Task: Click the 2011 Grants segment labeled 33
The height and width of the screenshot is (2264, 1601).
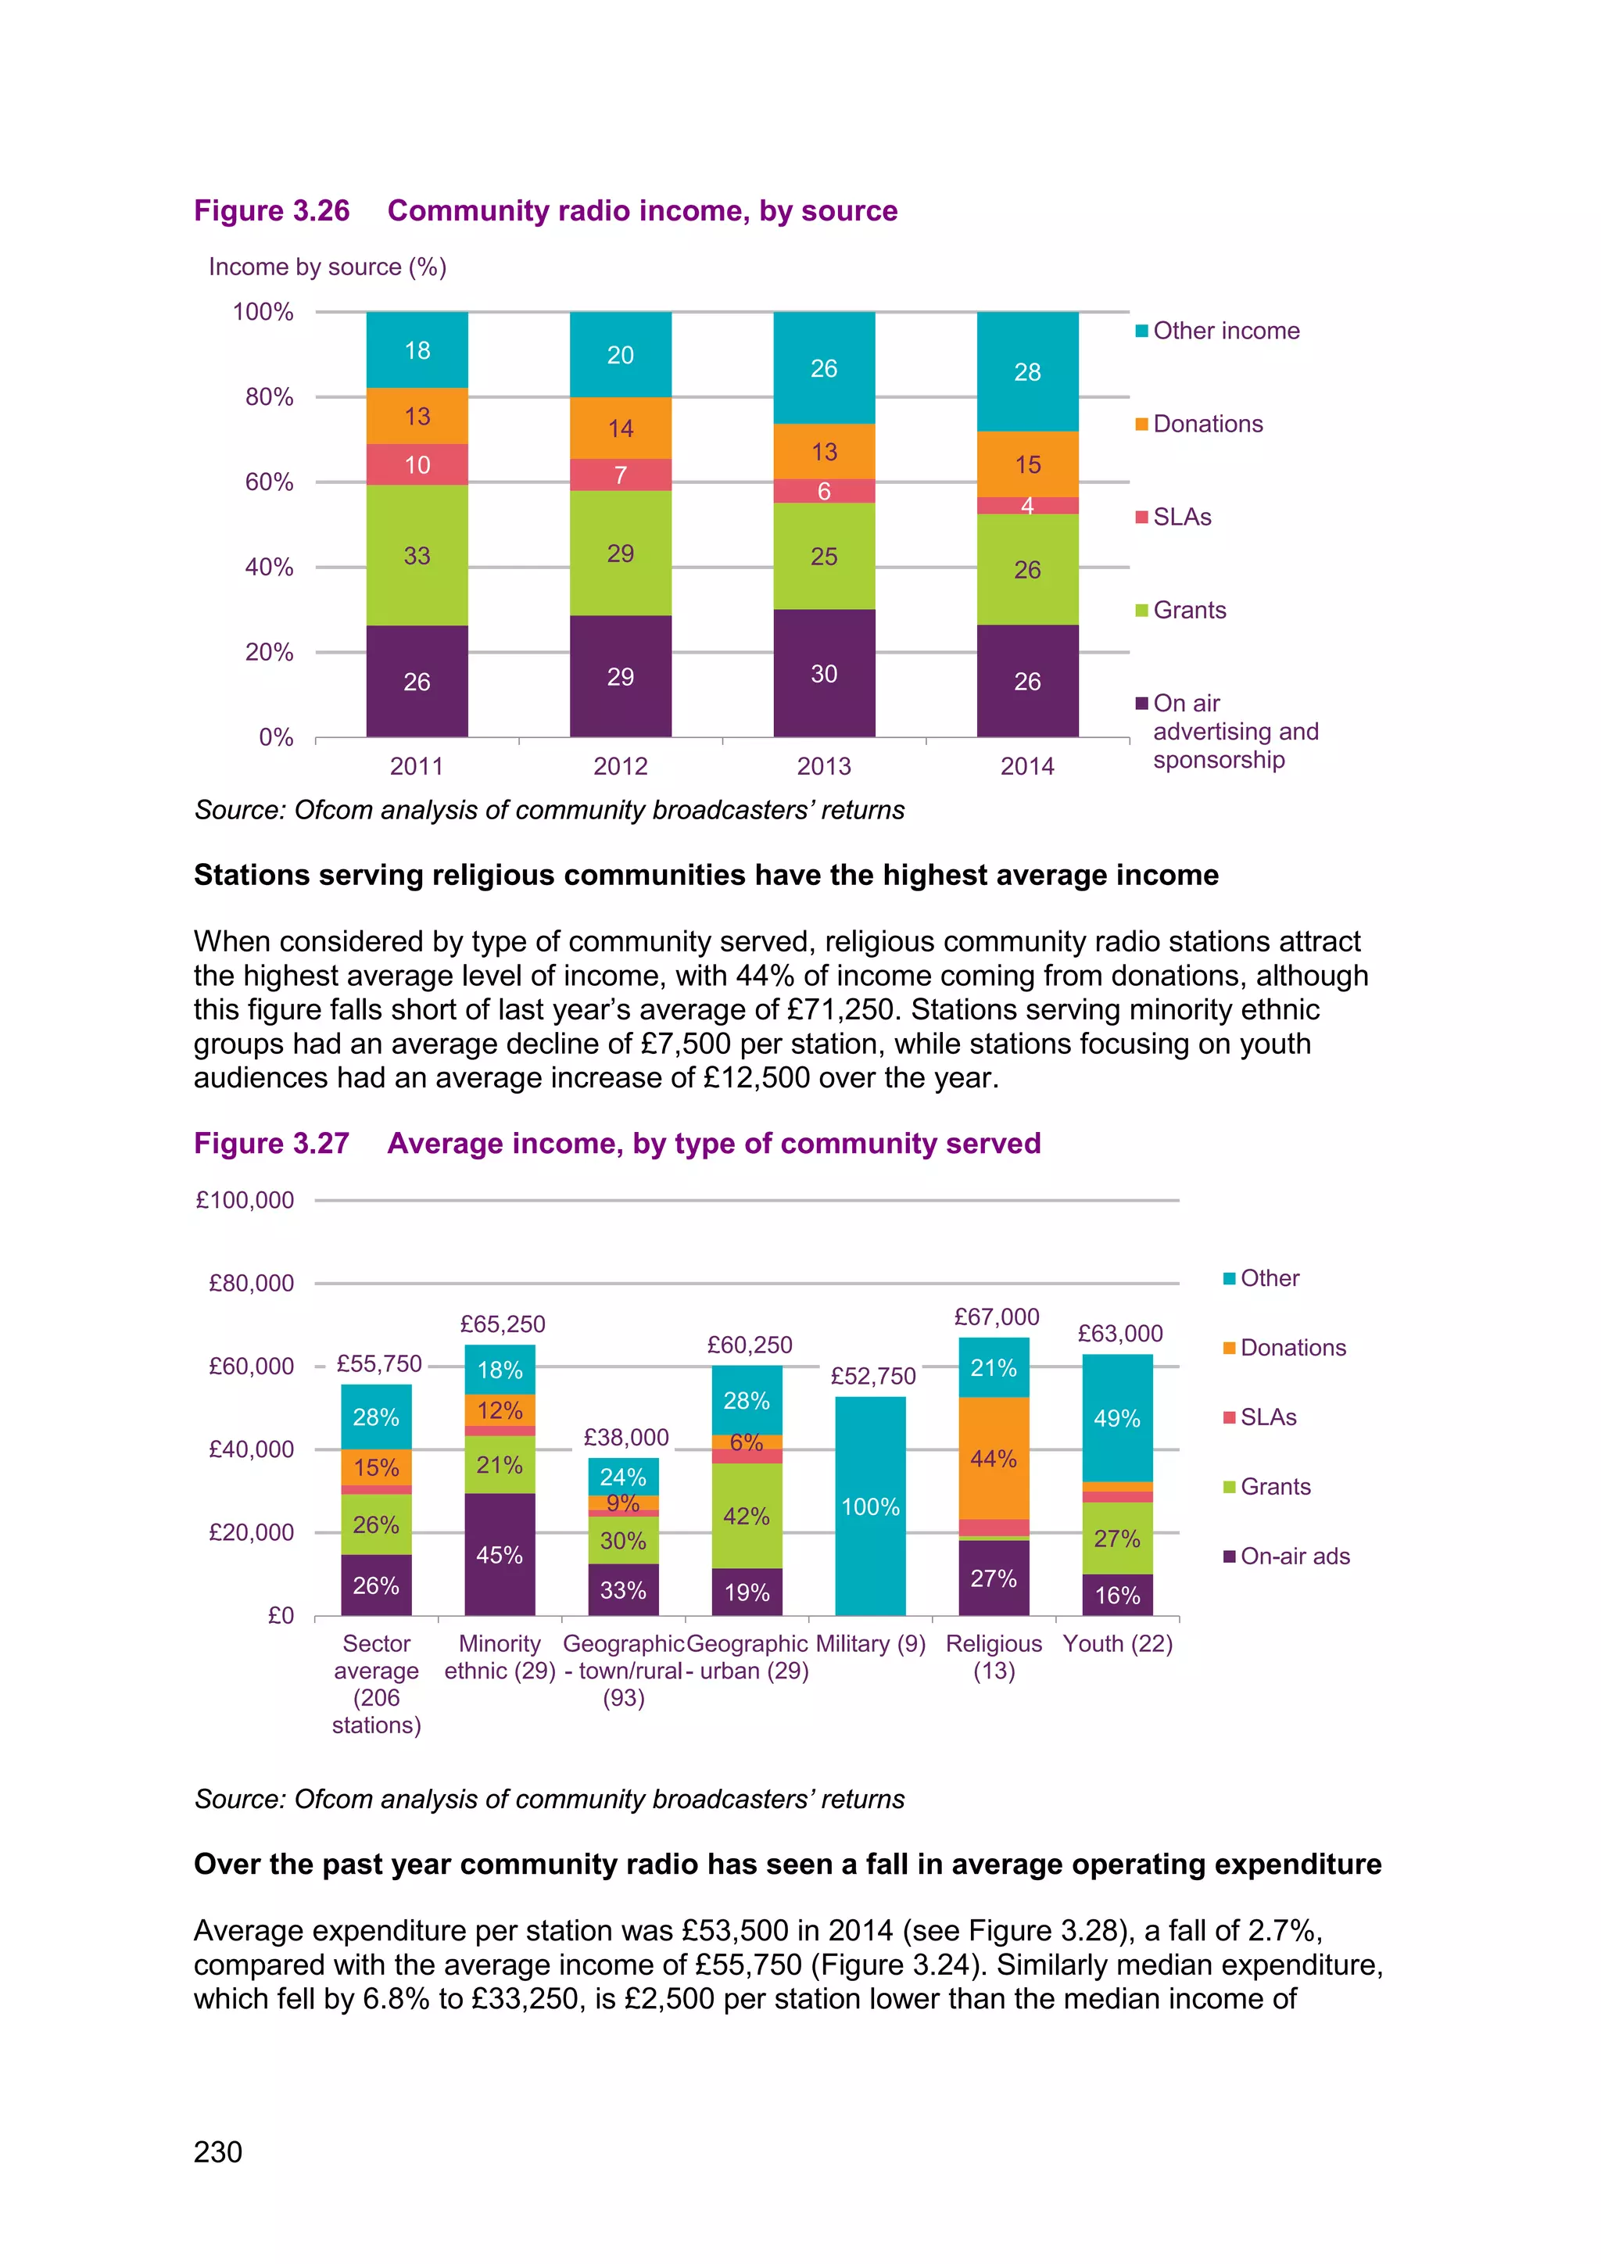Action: click(417, 555)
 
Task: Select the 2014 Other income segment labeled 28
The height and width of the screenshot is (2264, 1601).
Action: click(1027, 372)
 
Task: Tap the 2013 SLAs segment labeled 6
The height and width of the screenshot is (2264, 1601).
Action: click(824, 491)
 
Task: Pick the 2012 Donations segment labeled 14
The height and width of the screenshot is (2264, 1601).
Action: click(620, 428)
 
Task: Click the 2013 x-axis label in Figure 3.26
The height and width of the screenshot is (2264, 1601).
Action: click(824, 766)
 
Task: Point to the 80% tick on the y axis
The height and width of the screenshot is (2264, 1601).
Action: click(268, 397)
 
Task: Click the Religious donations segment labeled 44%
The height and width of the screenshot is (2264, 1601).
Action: click(993, 1457)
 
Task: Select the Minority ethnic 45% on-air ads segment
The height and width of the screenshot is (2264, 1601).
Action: click(500, 1554)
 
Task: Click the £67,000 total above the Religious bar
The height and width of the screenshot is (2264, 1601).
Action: click(996, 1316)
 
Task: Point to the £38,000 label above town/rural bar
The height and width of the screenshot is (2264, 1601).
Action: click(626, 1437)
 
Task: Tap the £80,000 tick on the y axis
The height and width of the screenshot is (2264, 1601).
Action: click(252, 1283)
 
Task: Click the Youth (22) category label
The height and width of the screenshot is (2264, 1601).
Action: click(1117, 1644)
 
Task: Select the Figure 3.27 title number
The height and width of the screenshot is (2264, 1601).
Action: click(272, 1143)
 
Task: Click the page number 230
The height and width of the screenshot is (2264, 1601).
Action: click(218, 2151)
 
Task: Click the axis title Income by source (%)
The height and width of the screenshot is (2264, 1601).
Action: click(328, 267)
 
